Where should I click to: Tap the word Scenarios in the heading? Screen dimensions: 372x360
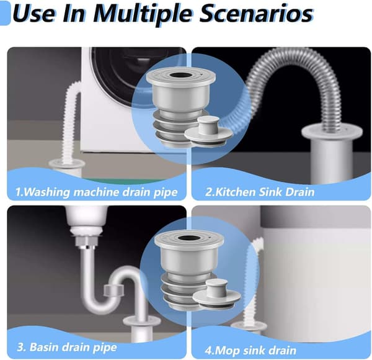click(x=256, y=13)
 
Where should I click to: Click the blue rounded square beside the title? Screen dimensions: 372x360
click(x=5, y=13)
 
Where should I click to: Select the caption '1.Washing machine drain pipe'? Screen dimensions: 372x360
click(x=96, y=192)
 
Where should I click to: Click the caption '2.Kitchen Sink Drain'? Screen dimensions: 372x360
click(x=260, y=192)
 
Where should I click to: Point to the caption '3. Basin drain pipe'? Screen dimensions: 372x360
click(x=67, y=347)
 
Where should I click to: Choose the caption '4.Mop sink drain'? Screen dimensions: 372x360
click(x=250, y=351)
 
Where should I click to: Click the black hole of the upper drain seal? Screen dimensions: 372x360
click(x=181, y=76)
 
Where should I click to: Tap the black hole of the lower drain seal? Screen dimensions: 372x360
click(x=189, y=238)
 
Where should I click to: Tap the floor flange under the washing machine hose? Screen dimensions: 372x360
click(x=67, y=164)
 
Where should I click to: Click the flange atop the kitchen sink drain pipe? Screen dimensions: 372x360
click(x=332, y=132)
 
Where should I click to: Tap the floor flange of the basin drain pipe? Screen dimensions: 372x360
click(x=142, y=322)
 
